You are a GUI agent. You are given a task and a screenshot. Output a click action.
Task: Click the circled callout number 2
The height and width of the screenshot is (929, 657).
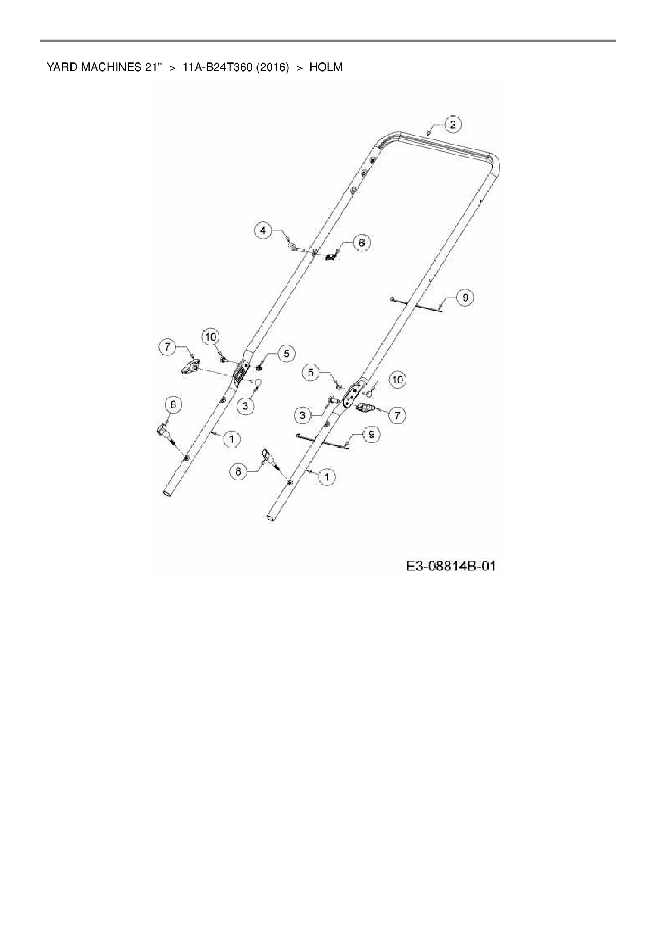452,125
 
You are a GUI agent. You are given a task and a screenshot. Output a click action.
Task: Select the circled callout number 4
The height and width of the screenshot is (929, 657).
263,231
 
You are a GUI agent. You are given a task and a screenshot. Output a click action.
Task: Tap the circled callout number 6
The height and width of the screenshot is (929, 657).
361,243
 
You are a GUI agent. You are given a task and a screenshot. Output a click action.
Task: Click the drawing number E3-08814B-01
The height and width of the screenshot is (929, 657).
451,566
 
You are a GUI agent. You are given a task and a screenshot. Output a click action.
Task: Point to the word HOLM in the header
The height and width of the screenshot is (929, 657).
326,67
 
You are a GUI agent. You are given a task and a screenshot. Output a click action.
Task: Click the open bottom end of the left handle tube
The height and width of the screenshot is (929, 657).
167,493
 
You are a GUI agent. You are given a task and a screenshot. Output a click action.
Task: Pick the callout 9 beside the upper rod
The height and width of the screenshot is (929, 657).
465,298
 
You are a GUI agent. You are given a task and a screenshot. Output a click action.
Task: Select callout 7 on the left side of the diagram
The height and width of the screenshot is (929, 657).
168,347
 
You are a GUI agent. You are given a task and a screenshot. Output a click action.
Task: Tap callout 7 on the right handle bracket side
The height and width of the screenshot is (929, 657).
397,415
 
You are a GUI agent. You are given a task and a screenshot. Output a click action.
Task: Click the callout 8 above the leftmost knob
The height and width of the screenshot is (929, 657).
173,405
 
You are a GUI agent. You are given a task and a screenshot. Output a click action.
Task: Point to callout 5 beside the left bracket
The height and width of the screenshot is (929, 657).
286,353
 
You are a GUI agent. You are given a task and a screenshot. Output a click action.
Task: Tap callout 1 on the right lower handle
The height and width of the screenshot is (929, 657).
326,477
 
